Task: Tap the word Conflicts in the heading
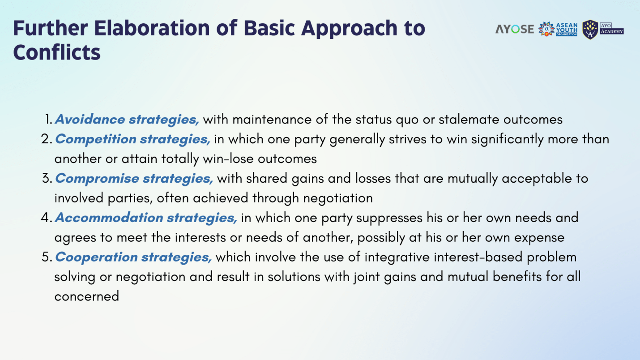point(56,53)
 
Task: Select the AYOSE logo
point(515,29)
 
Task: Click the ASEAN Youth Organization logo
point(558,29)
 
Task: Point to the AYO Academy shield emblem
point(590,30)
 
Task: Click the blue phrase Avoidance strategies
point(127,120)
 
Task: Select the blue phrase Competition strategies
point(132,139)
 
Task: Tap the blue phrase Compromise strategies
point(134,178)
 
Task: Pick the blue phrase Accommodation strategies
point(146,218)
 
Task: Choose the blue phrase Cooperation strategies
point(133,257)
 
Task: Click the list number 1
point(49,120)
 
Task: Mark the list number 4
point(46,218)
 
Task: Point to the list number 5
point(47,257)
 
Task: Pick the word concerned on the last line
point(86,296)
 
